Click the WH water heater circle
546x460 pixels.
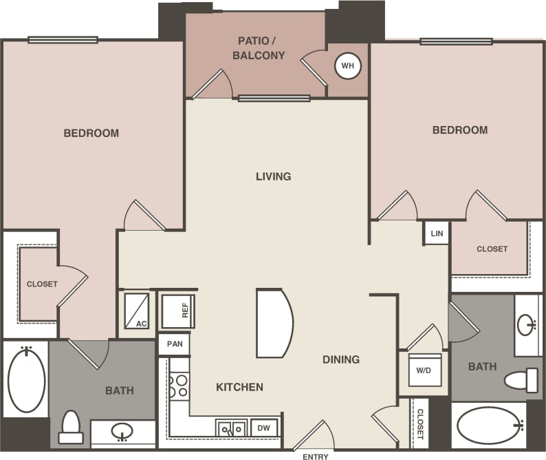[x=347, y=66]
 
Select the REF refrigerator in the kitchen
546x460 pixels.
[x=178, y=311]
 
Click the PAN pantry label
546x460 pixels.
[x=173, y=344]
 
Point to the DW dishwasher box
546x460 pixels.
[x=264, y=428]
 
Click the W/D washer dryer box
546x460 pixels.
[x=424, y=370]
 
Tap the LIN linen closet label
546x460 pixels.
[x=437, y=233]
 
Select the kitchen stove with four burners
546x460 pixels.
[x=179, y=386]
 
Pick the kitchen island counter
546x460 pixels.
[x=274, y=323]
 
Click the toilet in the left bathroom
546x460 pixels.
[x=71, y=427]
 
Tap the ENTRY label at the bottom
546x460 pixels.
[x=315, y=456]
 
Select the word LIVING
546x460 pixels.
[x=273, y=176]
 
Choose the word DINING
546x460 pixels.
[x=341, y=359]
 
